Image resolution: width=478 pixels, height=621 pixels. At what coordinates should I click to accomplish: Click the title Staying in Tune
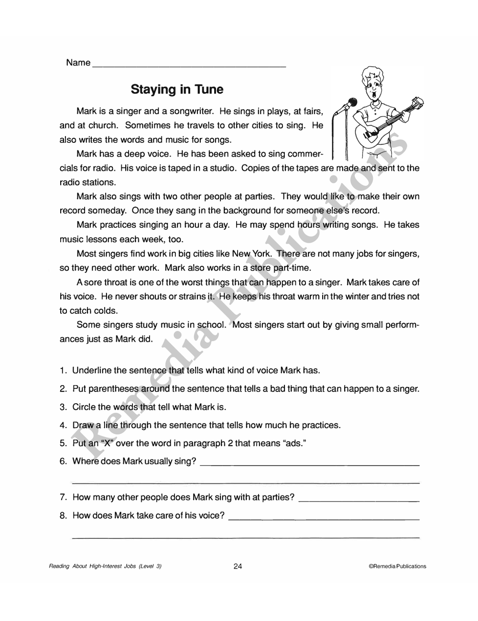[177, 90]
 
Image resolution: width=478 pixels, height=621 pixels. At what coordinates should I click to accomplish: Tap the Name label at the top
[78, 63]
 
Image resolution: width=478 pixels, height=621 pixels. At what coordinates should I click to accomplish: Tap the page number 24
[238, 567]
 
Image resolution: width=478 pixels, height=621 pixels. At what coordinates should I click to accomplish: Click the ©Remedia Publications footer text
[397, 567]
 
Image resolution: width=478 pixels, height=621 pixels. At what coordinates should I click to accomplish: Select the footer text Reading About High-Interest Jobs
[105, 567]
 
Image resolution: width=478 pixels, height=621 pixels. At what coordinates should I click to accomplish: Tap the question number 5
[63, 443]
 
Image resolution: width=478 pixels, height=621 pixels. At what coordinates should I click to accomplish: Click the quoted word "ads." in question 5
[295, 443]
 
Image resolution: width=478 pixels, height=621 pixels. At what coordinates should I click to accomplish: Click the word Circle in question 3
[84, 407]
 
